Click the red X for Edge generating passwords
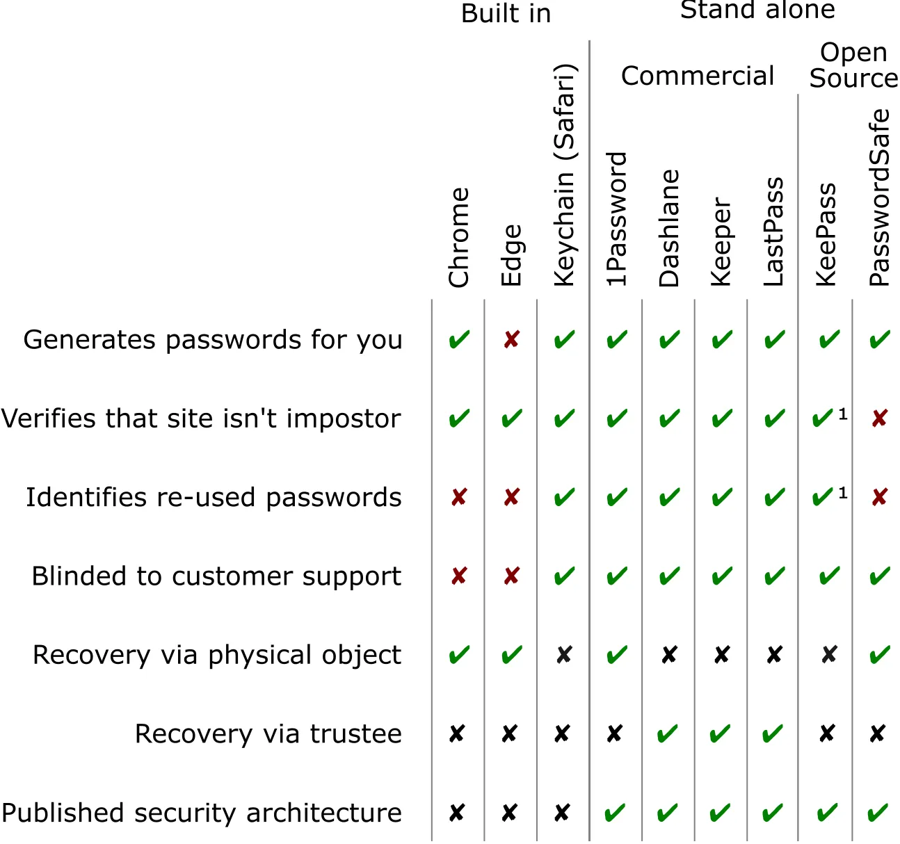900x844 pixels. click(511, 340)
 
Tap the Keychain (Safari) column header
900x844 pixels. click(564, 175)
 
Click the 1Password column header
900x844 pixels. click(617, 220)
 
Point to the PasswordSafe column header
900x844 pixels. click(880, 197)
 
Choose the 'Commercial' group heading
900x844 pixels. click(697, 76)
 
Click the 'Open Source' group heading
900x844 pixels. click(853, 65)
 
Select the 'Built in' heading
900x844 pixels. click(506, 14)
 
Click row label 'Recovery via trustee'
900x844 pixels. click(268, 734)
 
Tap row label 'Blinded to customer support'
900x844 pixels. click(216, 576)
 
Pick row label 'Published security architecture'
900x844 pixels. click(202, 813)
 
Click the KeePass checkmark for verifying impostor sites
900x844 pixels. click(823, 419)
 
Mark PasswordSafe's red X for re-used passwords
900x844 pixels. click(879, 497)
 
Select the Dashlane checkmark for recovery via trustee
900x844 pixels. click(668, 734)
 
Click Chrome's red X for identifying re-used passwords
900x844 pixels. click(459, 497)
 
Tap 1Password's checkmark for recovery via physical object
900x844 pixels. click(616, 655)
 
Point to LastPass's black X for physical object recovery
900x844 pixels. click(774, 655)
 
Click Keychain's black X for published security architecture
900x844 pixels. click(562, 813)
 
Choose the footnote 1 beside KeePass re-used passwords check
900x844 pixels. click(843, 493)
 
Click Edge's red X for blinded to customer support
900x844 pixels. click(511, 576)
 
